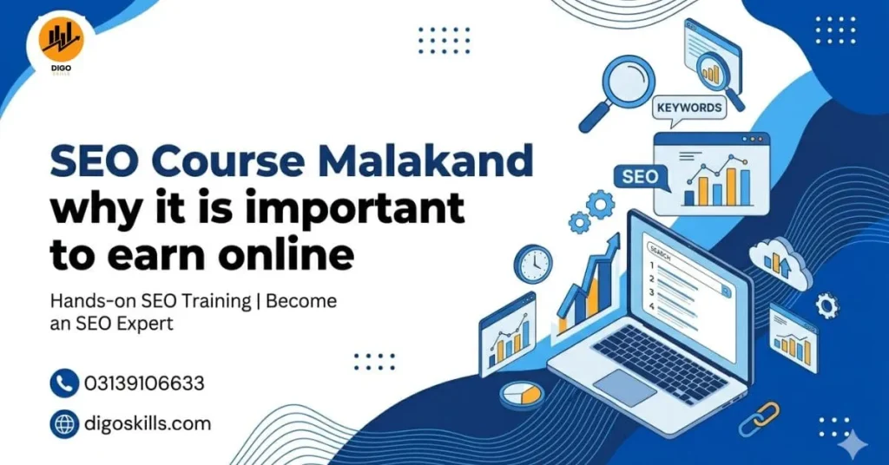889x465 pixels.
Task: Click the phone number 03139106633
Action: click(144, 383)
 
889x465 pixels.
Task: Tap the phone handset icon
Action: click(64, 383)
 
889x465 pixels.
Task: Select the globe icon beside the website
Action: click(64, 424)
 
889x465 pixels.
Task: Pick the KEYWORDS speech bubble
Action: click(688, 108)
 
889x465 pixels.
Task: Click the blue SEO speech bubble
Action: click(641, 177)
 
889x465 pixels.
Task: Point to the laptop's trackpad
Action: click(625, 387)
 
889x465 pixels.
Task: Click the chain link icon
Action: click(759, 419)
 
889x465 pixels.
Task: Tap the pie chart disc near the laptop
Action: click(522, 394)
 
